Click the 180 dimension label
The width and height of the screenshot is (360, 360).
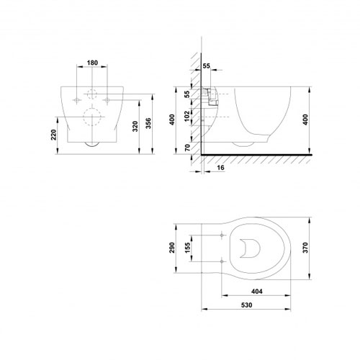(92, 63)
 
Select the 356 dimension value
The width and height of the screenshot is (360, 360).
(148, 123)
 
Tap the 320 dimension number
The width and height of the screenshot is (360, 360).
(135, 126)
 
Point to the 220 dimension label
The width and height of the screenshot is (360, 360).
(53, 135)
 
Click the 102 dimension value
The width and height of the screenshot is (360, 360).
(187, 116)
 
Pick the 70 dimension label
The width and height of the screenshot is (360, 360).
(187, 147)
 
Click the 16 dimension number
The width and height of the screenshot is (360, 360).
(220, 168)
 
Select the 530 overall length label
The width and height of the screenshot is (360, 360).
(246, 305)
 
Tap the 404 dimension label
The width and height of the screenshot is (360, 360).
(256, 292)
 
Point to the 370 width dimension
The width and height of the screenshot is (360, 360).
(305, 248)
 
